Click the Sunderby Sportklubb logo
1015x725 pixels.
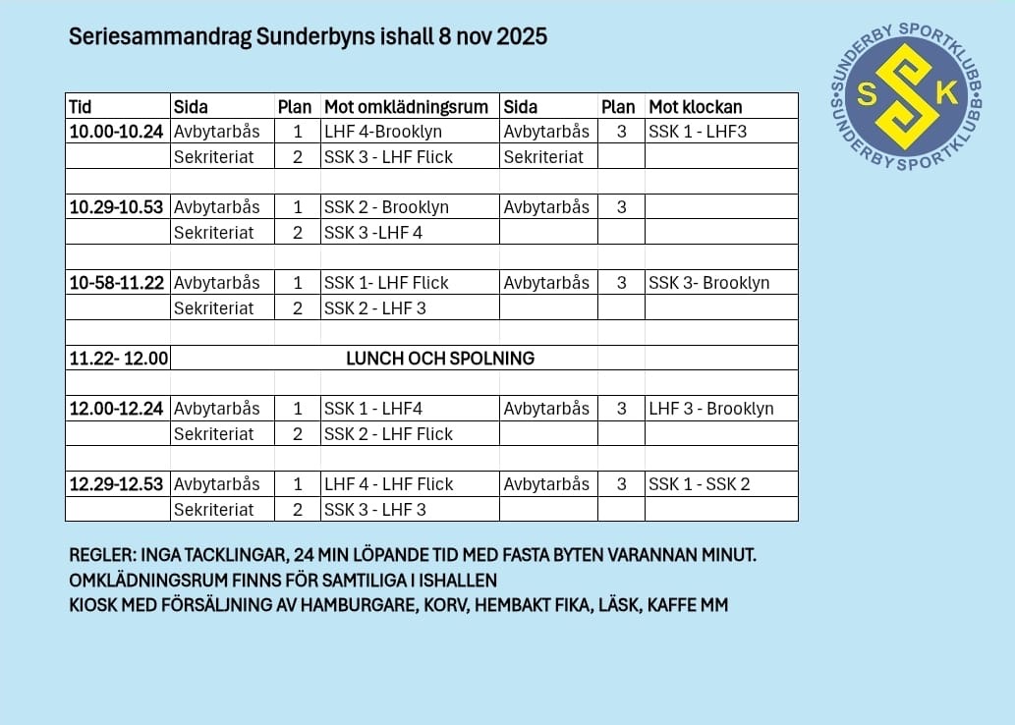(x=907, y=94)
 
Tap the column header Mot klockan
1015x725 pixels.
(x=695, y=106)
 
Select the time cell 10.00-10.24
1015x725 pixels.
(x=116, y=132)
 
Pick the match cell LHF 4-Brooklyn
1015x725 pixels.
(x=383, y=132)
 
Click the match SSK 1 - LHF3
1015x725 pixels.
(x=698, y=132)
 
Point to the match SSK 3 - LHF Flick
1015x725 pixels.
(x=388, y=157)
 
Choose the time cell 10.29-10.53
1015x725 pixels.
(x=116, y=207)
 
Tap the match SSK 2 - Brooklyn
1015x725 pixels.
(x=386, y=207)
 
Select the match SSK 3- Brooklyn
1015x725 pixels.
(x=708, y=283)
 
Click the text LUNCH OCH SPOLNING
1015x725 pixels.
(x=440, y=359)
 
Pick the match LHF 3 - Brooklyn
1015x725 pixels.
(x=710, y=409)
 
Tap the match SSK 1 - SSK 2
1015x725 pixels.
(x=699, y=484)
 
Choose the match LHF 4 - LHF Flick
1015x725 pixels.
(x=388, y=484)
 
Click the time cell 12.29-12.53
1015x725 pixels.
(x=116, y=484)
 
